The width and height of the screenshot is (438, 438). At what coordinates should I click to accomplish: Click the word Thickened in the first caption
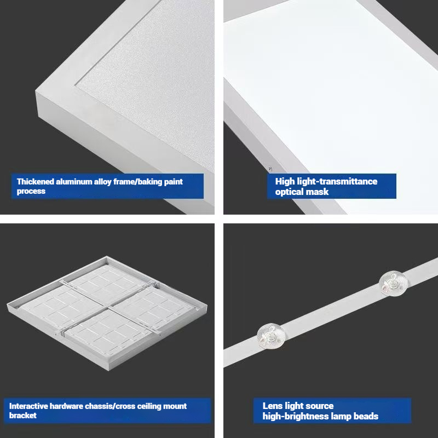[36, 182]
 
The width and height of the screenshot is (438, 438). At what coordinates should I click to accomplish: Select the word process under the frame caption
[31, 192]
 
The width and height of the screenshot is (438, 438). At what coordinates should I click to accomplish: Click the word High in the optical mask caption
[285, 182]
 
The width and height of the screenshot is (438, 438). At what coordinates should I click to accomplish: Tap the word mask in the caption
[318, 192]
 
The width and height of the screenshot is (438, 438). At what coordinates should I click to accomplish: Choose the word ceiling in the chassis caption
[143, 406]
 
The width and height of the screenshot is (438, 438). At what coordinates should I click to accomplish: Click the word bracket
[23, 416]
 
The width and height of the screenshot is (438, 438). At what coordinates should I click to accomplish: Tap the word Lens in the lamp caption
[273, 406]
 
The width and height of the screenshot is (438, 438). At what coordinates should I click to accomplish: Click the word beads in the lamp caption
[365, 417]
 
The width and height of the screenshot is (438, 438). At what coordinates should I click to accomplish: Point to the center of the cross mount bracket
[108, 307]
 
